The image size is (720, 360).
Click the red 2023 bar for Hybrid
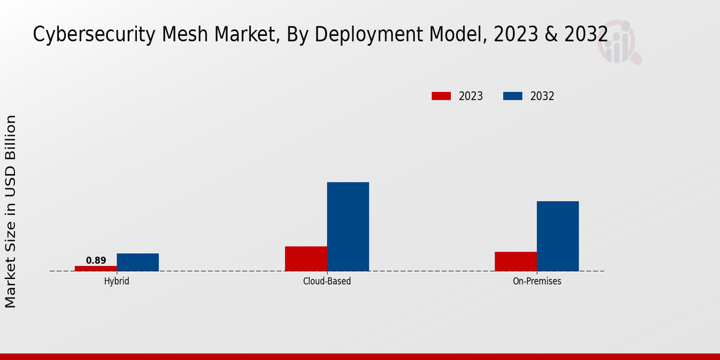(x=96, y=268)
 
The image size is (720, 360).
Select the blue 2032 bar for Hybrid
(x=138, y=262)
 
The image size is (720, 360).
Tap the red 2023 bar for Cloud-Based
(x=306, y=259)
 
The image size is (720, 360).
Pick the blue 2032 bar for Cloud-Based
(x=348, y=227)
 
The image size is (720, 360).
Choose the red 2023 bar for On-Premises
(x=516, y=261)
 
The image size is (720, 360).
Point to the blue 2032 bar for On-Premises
(x=558, y=236)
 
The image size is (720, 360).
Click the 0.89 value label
(x=96, y=260)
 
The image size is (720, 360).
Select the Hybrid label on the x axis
(x=116, y=281)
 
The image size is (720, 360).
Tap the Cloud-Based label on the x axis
(x=327, y=281)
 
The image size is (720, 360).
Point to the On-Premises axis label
(x=537, y=281)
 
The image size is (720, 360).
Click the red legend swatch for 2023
(x=441, y=96)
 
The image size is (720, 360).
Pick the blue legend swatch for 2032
(x=513, y=96)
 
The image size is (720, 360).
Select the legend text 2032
(x=542, y=96)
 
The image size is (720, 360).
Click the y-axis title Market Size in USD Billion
(x=11, y=211)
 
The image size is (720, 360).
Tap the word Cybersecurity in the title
(x=95, y=35)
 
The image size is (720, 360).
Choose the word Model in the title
(x=456, y=35)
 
